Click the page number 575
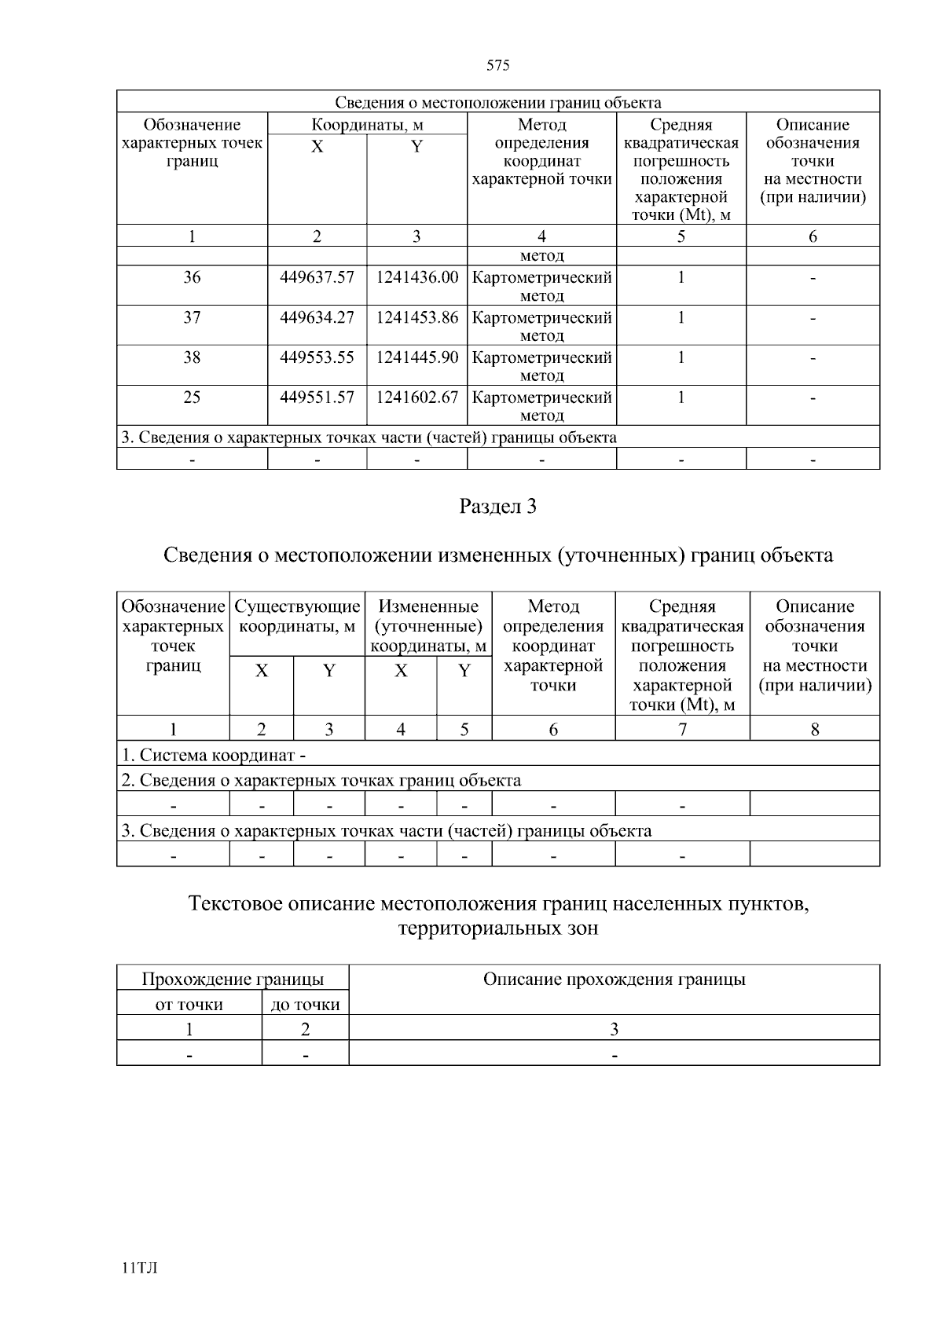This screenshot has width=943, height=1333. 498,65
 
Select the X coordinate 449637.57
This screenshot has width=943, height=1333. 317,277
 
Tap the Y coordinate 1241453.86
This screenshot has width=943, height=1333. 416,317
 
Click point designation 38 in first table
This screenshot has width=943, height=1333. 192,357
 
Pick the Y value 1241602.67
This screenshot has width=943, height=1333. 416,397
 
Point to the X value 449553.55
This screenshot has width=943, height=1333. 317,357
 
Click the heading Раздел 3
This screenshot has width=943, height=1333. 497,507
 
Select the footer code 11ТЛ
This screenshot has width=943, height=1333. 140,1269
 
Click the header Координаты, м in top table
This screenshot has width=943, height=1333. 367,125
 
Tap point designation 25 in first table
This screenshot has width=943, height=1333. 192,397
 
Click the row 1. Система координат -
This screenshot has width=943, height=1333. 213,756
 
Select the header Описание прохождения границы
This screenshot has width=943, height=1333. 614,980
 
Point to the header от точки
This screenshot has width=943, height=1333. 189,1005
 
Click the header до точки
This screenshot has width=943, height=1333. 305,1005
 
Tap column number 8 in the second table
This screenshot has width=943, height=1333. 815,729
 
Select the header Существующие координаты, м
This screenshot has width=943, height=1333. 297,617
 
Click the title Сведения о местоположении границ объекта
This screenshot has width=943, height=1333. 497,103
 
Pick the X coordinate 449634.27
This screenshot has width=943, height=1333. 317,317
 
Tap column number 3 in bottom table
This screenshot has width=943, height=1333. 614,1029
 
